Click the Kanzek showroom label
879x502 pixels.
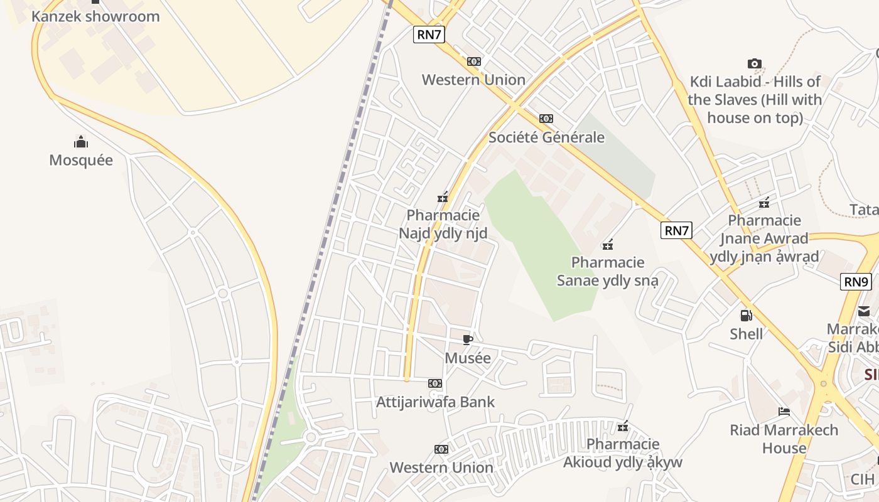coord(95,16)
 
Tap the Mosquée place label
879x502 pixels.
coord(81,160)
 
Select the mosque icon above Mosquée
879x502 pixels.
coord(81,141)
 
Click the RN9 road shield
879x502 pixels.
coord(856,282)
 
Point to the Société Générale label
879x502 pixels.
coord(546,137)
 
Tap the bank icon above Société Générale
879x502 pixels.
coord(546,119)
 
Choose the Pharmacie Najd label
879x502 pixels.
coord(443,225)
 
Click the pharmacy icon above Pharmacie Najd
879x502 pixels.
coord(443,198)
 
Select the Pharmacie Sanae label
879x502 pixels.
coord(607,271)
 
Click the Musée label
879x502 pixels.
coord(468,358)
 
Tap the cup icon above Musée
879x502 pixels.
coord(468,340)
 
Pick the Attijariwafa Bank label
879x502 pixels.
coord(435,402)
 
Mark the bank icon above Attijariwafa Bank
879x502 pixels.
coord(435,383)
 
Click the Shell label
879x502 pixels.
coord(747,334)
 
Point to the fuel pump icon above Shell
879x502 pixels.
coord(747,316)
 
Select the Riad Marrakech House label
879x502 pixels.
coord(784,439)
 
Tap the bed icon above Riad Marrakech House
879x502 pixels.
coord(784,412)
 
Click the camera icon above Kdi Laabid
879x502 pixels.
coord(755,63)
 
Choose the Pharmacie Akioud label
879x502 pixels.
coord(622,454)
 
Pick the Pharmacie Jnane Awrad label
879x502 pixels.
coord(764,238)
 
